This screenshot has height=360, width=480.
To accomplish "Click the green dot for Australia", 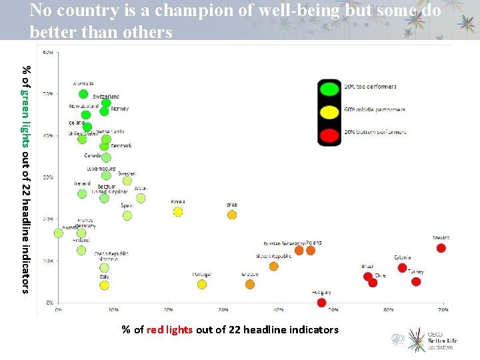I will pos(83,94).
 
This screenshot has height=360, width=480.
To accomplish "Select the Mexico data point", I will pos(441,248).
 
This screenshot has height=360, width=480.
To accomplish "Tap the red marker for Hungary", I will pos(322,303).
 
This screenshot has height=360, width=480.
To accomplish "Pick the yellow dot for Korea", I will pos(178,212).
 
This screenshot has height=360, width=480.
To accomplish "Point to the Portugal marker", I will pos(202,285).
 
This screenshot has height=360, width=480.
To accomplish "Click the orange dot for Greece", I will pos(250,285).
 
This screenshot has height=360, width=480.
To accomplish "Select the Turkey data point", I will pos(416,281).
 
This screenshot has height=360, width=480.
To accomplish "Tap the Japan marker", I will pos(141,198).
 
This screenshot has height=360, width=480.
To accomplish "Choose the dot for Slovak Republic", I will pos(274,267).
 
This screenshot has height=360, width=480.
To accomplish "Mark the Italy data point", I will pos(104,285).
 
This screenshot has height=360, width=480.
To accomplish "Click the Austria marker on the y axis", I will pos(59,233).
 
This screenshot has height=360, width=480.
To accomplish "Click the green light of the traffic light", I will pos(329,88).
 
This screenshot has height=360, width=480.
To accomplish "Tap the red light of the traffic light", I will pos(329,135).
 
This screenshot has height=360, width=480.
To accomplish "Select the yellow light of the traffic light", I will pos(329,112).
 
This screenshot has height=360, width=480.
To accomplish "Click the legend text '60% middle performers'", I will pos(375,109).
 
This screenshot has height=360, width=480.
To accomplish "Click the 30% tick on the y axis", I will pos(49,177).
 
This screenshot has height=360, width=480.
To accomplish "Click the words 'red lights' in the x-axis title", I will pos(169,329).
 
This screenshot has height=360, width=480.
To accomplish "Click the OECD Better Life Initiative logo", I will pos(423,339).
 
